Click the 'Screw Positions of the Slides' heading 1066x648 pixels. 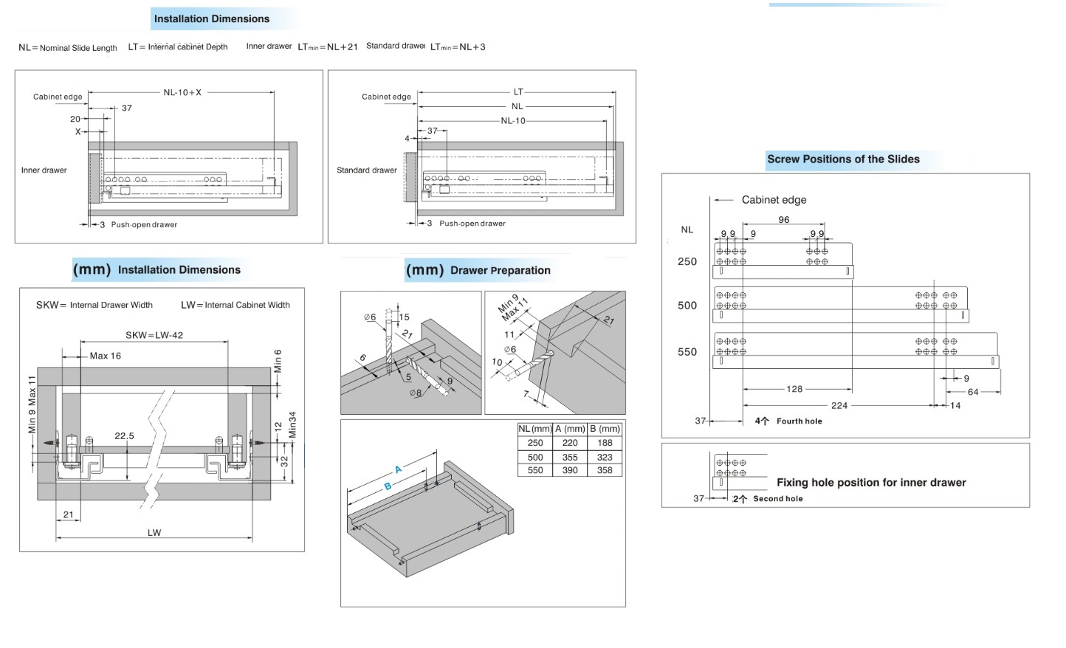[843, 159]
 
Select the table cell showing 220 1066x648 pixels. [570, 443]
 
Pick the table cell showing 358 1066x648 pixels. [605, 470]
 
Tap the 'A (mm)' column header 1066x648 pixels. [570, 429]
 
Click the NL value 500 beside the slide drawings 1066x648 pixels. [687, 306]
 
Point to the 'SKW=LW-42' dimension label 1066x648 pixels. [154, 335]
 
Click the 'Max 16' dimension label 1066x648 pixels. [105, 356]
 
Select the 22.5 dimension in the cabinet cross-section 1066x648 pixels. [124, 436]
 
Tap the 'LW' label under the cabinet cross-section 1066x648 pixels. [154, 533]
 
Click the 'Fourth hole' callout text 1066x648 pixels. [799, 421]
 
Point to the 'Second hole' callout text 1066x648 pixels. [777, 499]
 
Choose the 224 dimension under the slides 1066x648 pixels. [839, 405]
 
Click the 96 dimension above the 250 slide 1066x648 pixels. [784, 220]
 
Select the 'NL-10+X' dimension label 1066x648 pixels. [182, 93]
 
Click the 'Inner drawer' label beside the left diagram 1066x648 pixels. [44, 170]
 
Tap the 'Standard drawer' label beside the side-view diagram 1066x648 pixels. [367, 170]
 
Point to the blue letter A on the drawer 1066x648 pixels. [399, 469]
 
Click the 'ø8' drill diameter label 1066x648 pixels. [416, 393]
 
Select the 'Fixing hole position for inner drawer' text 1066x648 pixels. [871, 483]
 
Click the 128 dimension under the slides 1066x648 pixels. [794, 389]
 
